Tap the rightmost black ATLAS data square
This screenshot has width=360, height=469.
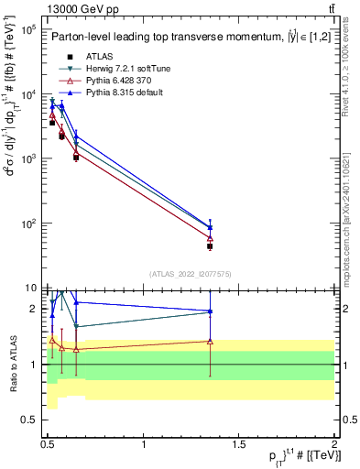(x=210, y=246)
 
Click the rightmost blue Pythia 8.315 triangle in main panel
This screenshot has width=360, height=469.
(x=210, y=226)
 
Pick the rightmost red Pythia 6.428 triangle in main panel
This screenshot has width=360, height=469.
(x=210, y=238)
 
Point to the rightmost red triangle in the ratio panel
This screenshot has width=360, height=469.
(x=210, y=341)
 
